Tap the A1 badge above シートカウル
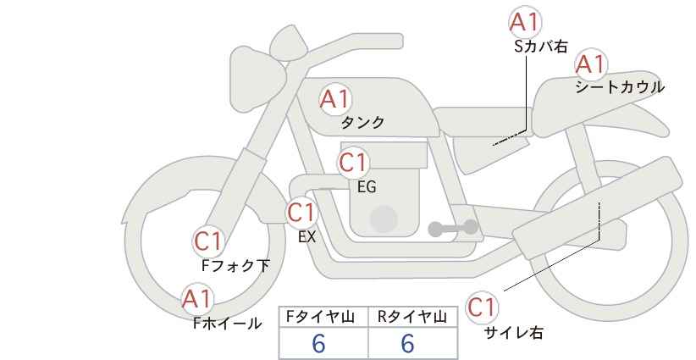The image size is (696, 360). click(590, 63)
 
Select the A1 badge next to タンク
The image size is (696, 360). click(334, 99)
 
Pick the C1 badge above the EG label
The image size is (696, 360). click(354, 162)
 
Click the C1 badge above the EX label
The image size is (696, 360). click(301, 211)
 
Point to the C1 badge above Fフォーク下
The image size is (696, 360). click(208, 241)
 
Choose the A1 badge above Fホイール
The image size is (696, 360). click(197, 298)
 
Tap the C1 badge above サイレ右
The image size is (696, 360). click(482, 307)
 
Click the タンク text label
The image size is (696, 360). click(362, 123)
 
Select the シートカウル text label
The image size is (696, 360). click(620, 87)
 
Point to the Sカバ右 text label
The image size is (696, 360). click(541, 47)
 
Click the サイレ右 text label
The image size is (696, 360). click(514, 333)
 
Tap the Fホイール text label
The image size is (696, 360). click(227, 323)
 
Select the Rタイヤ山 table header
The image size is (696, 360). click(411, 317)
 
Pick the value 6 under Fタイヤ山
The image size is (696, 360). click(319, 344)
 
